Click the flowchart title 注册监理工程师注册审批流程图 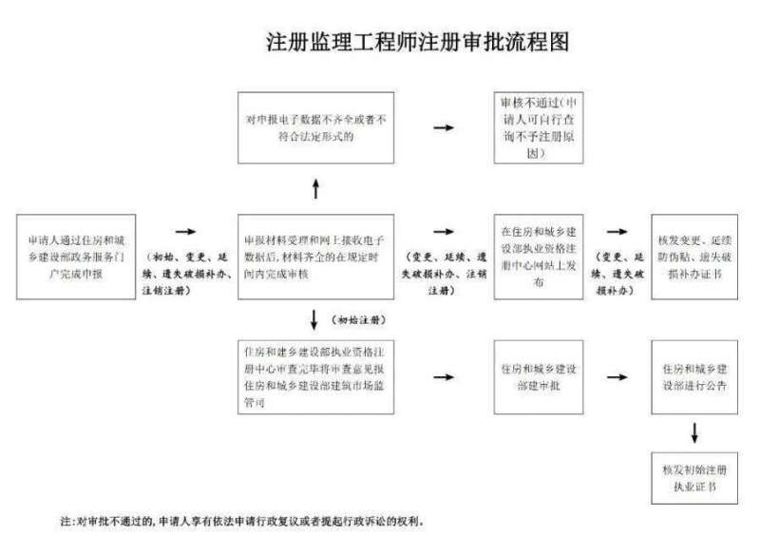click(418, 44)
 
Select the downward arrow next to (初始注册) click(314, 317)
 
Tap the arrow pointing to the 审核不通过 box click(442, 126)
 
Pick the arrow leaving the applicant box click(184, 231)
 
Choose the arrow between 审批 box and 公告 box click(617, 377)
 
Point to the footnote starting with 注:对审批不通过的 click(242, 522)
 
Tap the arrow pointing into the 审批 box click(442, 377)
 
